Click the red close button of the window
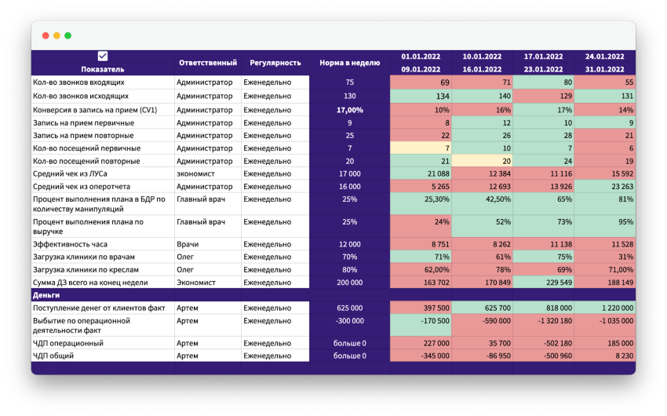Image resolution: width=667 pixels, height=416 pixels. point(46,35)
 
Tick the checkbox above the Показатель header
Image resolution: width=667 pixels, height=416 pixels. point(103,56)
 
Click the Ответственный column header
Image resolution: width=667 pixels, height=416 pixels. point(207,63)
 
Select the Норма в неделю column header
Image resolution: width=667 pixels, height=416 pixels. point(349,63)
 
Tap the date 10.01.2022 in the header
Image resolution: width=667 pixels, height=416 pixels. point(482,57)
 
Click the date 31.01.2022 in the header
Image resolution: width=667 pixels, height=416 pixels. point(604,69)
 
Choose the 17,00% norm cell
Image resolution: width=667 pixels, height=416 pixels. point(349,110)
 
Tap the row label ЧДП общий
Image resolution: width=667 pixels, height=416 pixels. point(55,356)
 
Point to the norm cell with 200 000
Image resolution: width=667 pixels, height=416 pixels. point(349,282)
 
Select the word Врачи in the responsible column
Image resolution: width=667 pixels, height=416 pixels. point(188,244)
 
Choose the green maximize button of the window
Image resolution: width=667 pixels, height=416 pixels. point(67,35)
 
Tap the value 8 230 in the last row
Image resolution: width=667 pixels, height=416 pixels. point(622,356)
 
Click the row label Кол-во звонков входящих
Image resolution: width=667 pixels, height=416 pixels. point(78,82)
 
